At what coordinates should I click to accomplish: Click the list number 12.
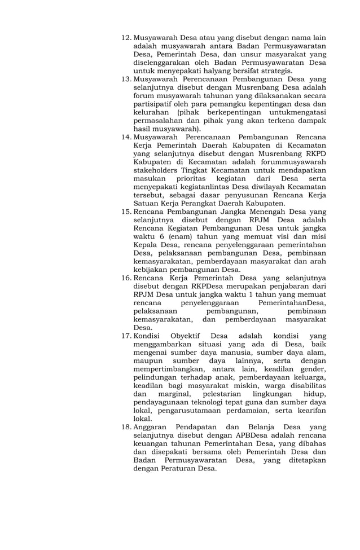pyautogui.click(x=126, y=38)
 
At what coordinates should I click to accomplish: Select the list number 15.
pyautogui.click(x=126, y=212)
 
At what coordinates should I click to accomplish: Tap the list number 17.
pyautogui.click(x=126, y=336)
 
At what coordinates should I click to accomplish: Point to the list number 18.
pyautogui.click(x=126, y=428)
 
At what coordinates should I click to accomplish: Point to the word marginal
pyautogui.click(x=173, y=394)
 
